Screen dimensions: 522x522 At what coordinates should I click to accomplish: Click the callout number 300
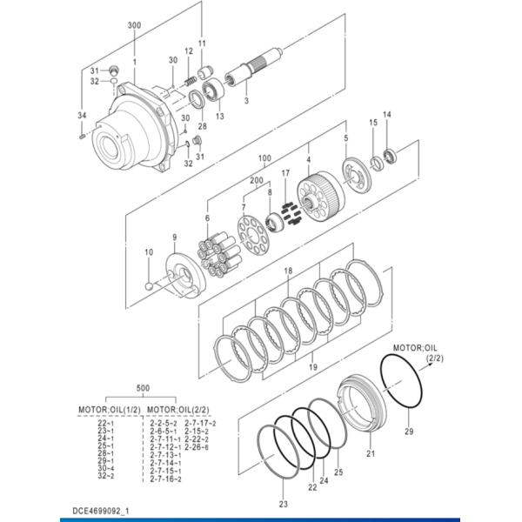(x=133, y=26)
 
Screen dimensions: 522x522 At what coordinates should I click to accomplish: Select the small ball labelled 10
(x=149, y=284)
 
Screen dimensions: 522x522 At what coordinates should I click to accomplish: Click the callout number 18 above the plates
(x=288, y=272)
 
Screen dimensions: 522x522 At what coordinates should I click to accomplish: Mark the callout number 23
(x=283, y=504)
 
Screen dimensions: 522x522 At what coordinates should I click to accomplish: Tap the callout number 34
(x=81, y=115)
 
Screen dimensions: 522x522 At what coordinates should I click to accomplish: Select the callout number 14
(x=387, y=115)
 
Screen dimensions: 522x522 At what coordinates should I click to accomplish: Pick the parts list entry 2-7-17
(x=201, y=423)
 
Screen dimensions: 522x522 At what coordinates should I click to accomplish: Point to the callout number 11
(x=202, y=43)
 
